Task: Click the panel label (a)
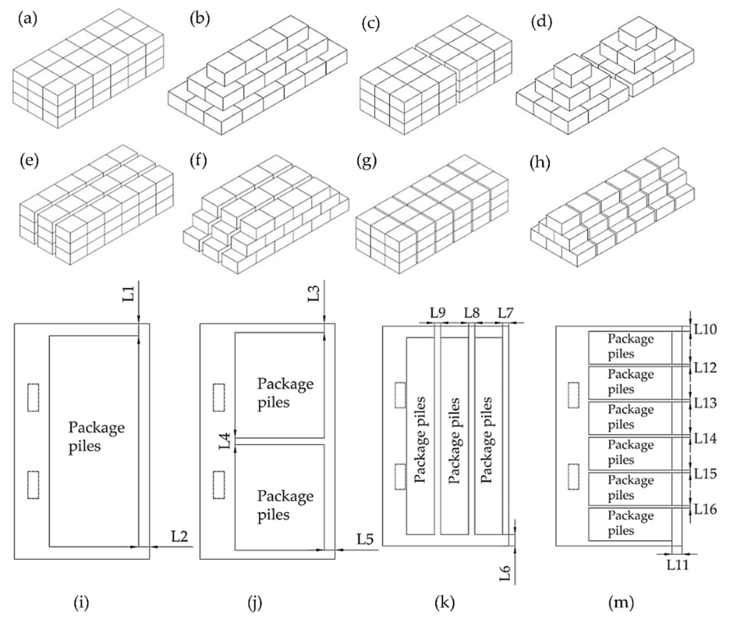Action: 27,19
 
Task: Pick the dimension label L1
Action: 130,294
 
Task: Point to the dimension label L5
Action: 365,539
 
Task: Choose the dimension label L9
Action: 438,313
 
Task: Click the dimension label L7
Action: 506,313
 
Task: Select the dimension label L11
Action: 678,565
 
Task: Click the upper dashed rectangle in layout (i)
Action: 33,398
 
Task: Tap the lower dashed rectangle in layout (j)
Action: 219,485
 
